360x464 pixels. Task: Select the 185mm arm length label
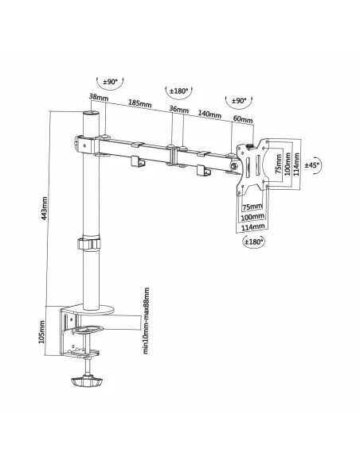pyautogui.click(x=139, y=103)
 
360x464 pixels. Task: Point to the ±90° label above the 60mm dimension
pyautogui.click(x=237, y=101)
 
